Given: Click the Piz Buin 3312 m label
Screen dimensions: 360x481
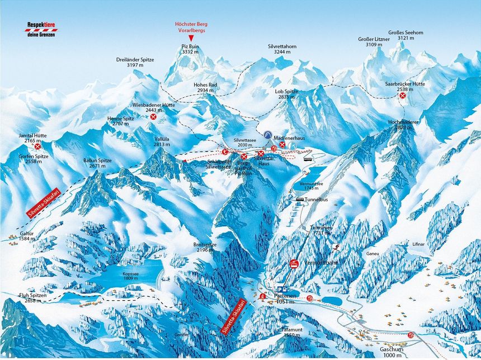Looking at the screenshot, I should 190,49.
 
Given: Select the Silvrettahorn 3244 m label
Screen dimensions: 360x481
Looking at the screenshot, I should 281,49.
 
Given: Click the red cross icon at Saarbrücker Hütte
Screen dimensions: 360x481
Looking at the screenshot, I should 402,96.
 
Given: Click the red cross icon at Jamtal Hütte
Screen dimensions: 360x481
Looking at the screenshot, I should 38,146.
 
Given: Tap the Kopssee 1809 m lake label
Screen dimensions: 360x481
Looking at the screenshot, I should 130,276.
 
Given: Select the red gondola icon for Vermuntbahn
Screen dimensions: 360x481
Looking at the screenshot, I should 294,263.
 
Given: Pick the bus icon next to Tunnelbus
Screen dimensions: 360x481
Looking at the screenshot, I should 300,200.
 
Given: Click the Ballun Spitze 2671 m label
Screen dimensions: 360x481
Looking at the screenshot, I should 98,163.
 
